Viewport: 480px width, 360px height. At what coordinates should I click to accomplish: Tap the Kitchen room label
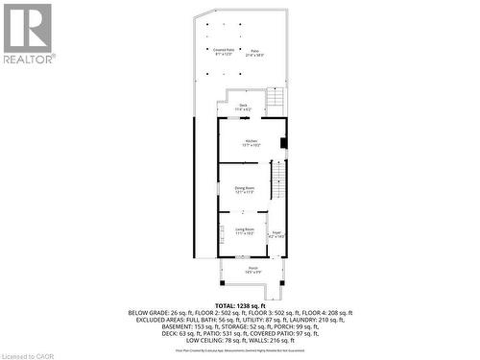click(x=251, y=142)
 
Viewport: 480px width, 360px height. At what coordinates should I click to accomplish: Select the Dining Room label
click(x=245, y=190)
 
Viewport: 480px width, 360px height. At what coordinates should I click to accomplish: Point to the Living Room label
click(x=244, y=231)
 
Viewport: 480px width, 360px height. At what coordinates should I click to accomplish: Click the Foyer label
click(x=276, y=233)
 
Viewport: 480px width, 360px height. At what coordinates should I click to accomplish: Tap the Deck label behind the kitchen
click(x=243, y=107)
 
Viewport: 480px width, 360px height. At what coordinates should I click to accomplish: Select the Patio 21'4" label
click(x=254, y=53)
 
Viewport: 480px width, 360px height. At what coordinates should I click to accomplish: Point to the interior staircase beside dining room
click(x=279, y=182)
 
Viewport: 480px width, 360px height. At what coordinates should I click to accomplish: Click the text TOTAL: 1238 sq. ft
click(x=239, y=303)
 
